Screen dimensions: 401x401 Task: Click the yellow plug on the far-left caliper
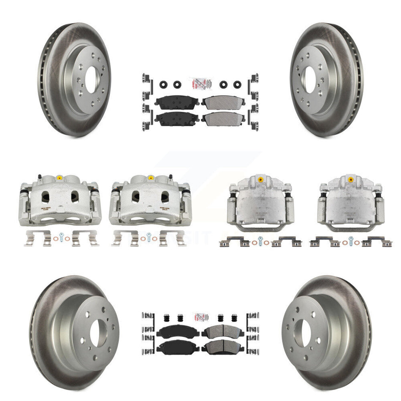(58, 176)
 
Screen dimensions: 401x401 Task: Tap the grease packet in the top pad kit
(200, 83)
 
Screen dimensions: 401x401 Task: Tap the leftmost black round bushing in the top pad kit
(162, 84)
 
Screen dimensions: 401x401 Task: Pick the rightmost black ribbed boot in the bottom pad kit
(233, 319)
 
